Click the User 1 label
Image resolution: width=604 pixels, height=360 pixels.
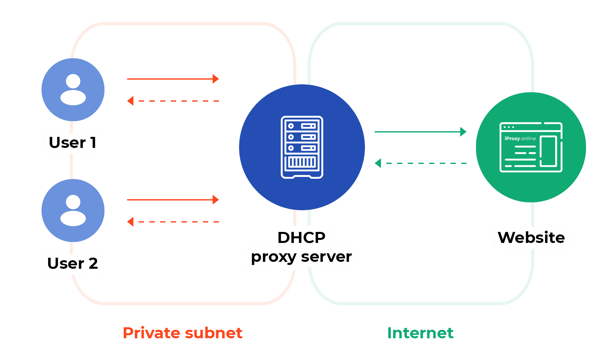(73, 143)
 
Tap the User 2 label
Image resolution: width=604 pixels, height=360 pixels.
(73, 263)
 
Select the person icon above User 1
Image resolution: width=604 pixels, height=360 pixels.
(73, 90)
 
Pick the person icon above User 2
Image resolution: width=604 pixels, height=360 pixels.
(73, 211)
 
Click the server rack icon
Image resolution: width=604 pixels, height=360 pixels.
(302, 147)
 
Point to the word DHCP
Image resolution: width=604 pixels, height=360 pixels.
(301, 237)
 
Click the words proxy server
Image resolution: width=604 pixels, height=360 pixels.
(301, 257)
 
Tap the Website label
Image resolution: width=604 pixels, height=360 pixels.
(531, 237)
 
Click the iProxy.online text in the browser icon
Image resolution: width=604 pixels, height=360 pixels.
(520, 138)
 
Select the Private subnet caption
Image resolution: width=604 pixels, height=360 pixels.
(182, 333)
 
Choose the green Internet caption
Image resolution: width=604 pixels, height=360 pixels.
(420, 333)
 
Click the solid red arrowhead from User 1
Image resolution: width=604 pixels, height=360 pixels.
(216, 79)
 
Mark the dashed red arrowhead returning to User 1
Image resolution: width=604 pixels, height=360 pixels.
(130, 101)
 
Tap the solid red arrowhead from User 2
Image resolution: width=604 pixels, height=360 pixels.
(216, 200)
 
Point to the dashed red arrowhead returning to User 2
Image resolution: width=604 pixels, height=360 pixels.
(130, 222)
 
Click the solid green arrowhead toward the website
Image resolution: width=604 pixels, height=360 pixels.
(463, 132)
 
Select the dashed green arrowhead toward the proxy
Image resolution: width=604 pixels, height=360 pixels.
(378, 163)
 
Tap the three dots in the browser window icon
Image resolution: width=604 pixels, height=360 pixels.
(509, 127)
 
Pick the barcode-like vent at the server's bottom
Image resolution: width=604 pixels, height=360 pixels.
(302, 162)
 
